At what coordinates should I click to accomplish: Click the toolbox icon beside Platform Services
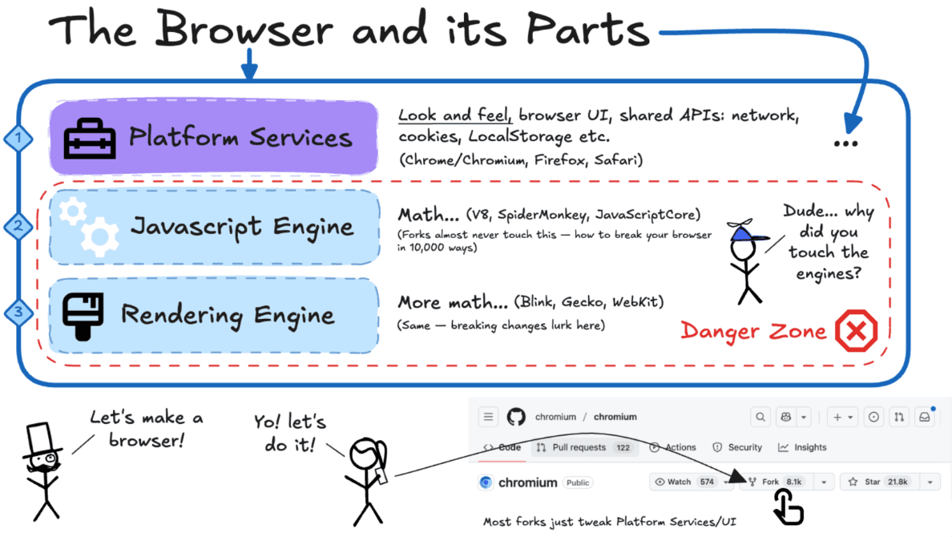click(90, 138)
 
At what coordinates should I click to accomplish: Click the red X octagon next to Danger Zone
click(857, 330)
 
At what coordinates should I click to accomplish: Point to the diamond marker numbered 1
click(18, 139)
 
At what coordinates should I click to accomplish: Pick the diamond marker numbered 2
click(18, 227)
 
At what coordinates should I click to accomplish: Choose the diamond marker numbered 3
click(18, 313)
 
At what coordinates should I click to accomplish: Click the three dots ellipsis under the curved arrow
click(845, 143)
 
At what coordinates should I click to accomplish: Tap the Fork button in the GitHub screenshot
click(776, 482)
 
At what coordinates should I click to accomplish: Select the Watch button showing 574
click(684, 482)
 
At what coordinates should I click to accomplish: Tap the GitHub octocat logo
click(515, 417)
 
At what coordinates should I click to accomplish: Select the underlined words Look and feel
click(455, 116)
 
